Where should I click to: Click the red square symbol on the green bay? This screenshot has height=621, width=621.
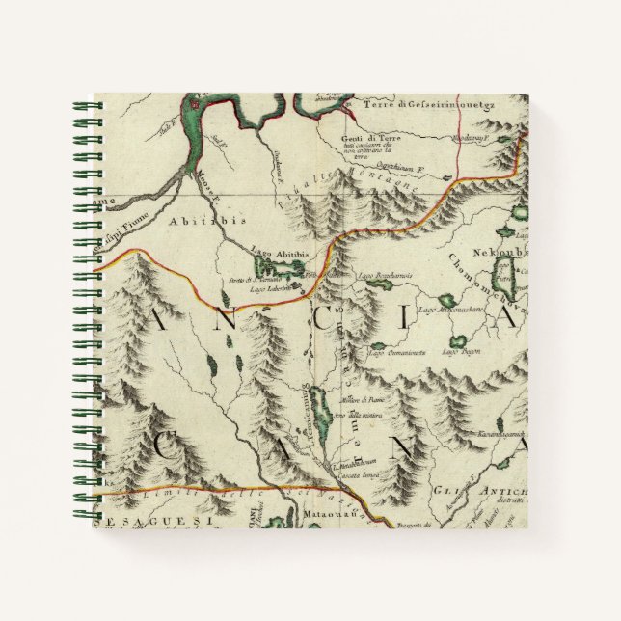coord(199,106)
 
